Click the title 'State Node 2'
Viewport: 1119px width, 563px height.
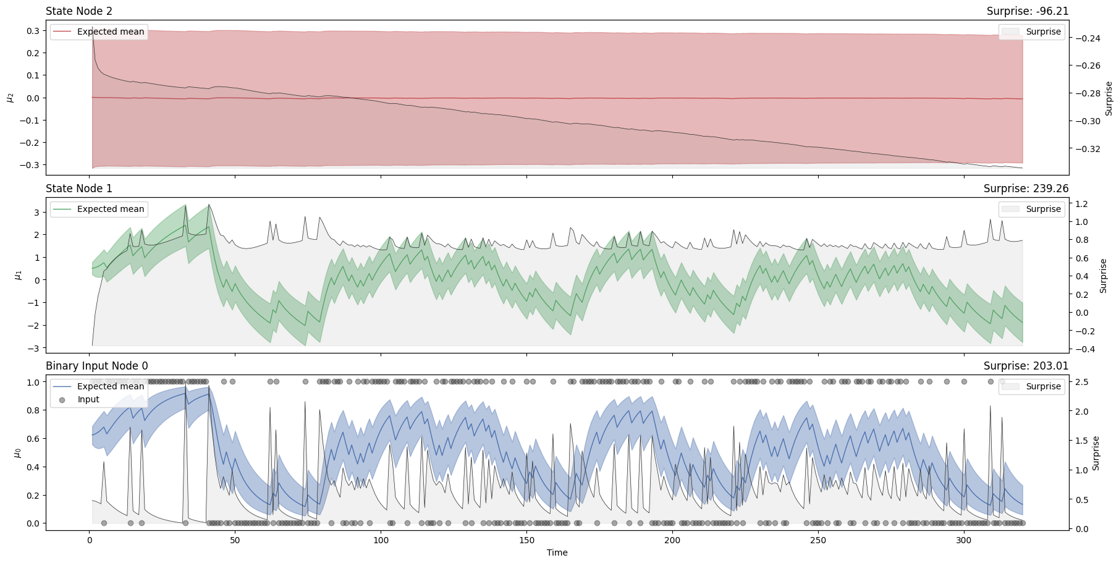tap(79, 11)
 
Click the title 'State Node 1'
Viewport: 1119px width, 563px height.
tap(79, 188)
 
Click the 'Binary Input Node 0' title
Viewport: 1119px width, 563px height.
tap(97, 366)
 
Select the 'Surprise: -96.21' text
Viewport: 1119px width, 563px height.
tap(1028, 11)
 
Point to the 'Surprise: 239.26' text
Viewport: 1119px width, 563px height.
tap(1026, 188)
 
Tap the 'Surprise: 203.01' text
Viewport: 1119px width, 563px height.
tap(1026, 366)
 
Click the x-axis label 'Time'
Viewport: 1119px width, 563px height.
tap(557, 552)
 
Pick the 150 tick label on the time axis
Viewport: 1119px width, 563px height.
tap(526, 540)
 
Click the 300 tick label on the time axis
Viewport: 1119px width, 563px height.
tap(964, 540)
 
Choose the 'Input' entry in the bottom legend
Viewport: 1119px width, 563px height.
tap(88, 400)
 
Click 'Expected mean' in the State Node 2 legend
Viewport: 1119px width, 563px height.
tap(110, 32)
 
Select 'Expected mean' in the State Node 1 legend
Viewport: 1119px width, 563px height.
tap(110, 209)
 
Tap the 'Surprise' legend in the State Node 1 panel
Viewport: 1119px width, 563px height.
tap(1043, 209)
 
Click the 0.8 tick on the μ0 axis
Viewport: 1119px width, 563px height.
tap(32, 410)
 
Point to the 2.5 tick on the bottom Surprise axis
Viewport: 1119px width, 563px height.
tap(1081, 382)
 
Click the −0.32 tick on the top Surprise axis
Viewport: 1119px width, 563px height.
tap(1087, 149)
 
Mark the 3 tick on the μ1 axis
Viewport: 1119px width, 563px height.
tap(36, 213)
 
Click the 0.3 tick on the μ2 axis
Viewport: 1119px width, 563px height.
tap(32, 31)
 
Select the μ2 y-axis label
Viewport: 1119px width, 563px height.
tap(10, 97)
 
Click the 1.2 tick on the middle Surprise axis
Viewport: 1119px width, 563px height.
tap(1081, 204)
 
